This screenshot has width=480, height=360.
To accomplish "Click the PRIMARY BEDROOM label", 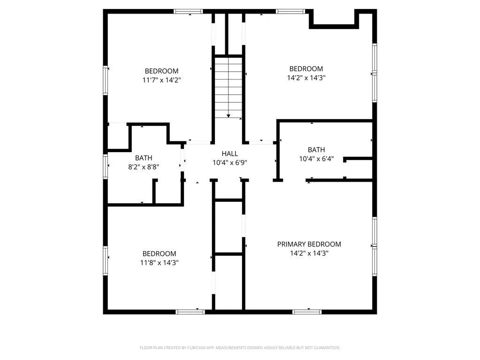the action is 309,244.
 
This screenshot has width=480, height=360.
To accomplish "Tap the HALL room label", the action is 229,153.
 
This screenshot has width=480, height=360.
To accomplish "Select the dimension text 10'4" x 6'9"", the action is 229,162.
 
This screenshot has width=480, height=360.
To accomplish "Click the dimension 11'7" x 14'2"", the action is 161,80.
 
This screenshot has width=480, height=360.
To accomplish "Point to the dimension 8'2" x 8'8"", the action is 144,167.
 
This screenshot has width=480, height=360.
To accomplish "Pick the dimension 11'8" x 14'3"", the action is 159,263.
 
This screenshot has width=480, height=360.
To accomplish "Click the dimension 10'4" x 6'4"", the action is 316,159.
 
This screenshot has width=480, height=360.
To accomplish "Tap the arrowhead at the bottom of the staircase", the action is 229,116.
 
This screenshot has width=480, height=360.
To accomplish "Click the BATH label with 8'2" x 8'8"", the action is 144,158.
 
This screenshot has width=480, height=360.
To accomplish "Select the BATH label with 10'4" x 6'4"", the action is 316,150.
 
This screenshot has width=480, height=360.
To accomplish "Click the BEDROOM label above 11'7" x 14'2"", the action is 161,71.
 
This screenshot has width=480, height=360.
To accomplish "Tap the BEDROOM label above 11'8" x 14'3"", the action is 159,254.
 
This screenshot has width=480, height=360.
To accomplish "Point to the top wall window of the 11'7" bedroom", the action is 188,12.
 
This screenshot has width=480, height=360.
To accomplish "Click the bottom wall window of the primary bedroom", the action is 307,312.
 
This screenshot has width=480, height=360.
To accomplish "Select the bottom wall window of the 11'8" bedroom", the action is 190,312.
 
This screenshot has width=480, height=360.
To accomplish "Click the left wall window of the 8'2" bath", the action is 105,167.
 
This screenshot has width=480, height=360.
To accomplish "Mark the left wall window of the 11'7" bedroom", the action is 105,81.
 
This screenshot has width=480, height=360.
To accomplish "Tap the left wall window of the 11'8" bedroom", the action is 105,261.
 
